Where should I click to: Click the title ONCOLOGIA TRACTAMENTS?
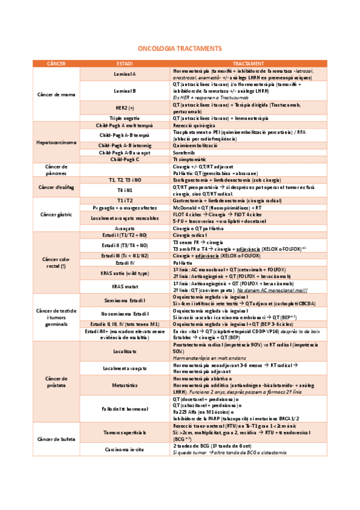point(180,48)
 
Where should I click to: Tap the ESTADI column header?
point(125,63)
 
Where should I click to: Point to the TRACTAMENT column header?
point(248,63)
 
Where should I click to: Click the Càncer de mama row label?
point(55,94)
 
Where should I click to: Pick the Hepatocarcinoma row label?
point(55,143)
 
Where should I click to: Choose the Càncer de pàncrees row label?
point(55,169)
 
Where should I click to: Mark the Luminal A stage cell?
point(125,74)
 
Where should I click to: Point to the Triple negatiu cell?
point(125,118)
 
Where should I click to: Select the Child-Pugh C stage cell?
point(125,159)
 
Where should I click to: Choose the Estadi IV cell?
point(125,263)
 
